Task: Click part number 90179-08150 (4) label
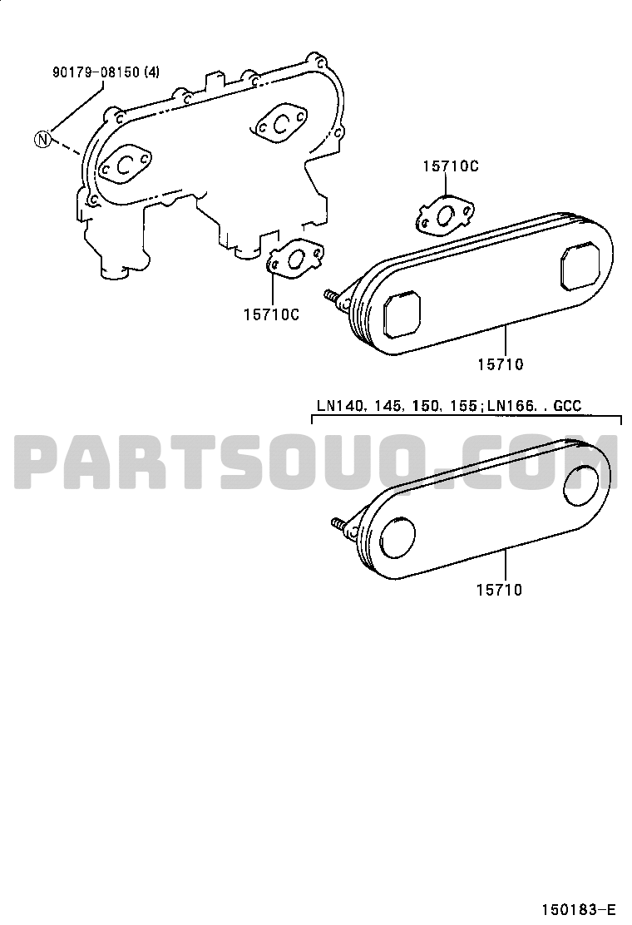point(106,72)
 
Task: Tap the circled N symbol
point(42,139)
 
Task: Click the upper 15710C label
point(451,166)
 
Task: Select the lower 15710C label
point(271,315)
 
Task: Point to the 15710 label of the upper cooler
point(501,364)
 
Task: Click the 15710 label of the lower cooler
point(499,589)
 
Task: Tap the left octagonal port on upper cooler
point(402,314)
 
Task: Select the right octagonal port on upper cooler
point(580,268)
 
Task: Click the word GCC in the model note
point(567,406)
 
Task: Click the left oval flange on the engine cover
point(125,165)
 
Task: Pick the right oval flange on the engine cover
point(281,123)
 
